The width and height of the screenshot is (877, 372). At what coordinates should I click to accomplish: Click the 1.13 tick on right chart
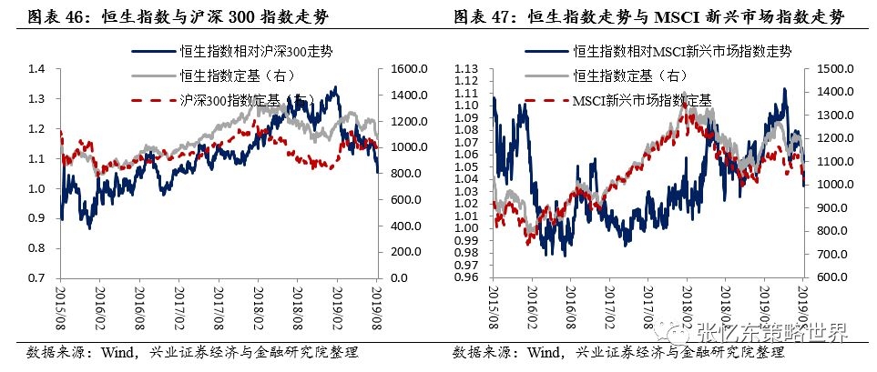465,69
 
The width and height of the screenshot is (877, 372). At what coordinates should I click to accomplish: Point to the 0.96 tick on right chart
465,277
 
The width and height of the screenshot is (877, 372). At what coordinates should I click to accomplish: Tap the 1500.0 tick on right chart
830,69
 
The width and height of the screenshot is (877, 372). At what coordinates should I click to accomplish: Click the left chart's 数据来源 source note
192,353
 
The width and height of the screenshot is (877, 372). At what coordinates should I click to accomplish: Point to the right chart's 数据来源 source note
618,353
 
